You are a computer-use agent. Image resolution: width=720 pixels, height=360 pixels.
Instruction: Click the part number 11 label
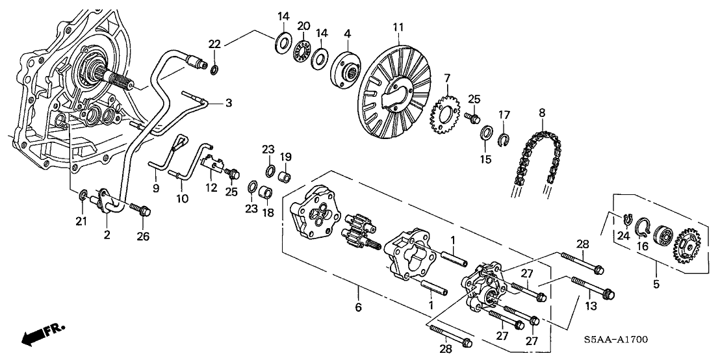coord(398,27)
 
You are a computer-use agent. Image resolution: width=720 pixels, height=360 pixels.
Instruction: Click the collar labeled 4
coord(347,68)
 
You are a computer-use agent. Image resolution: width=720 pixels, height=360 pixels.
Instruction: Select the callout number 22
coord(215,44)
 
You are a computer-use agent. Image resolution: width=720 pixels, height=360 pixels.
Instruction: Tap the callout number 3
coord(228,102)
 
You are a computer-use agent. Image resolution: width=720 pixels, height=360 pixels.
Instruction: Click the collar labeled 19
coord(283,176)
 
